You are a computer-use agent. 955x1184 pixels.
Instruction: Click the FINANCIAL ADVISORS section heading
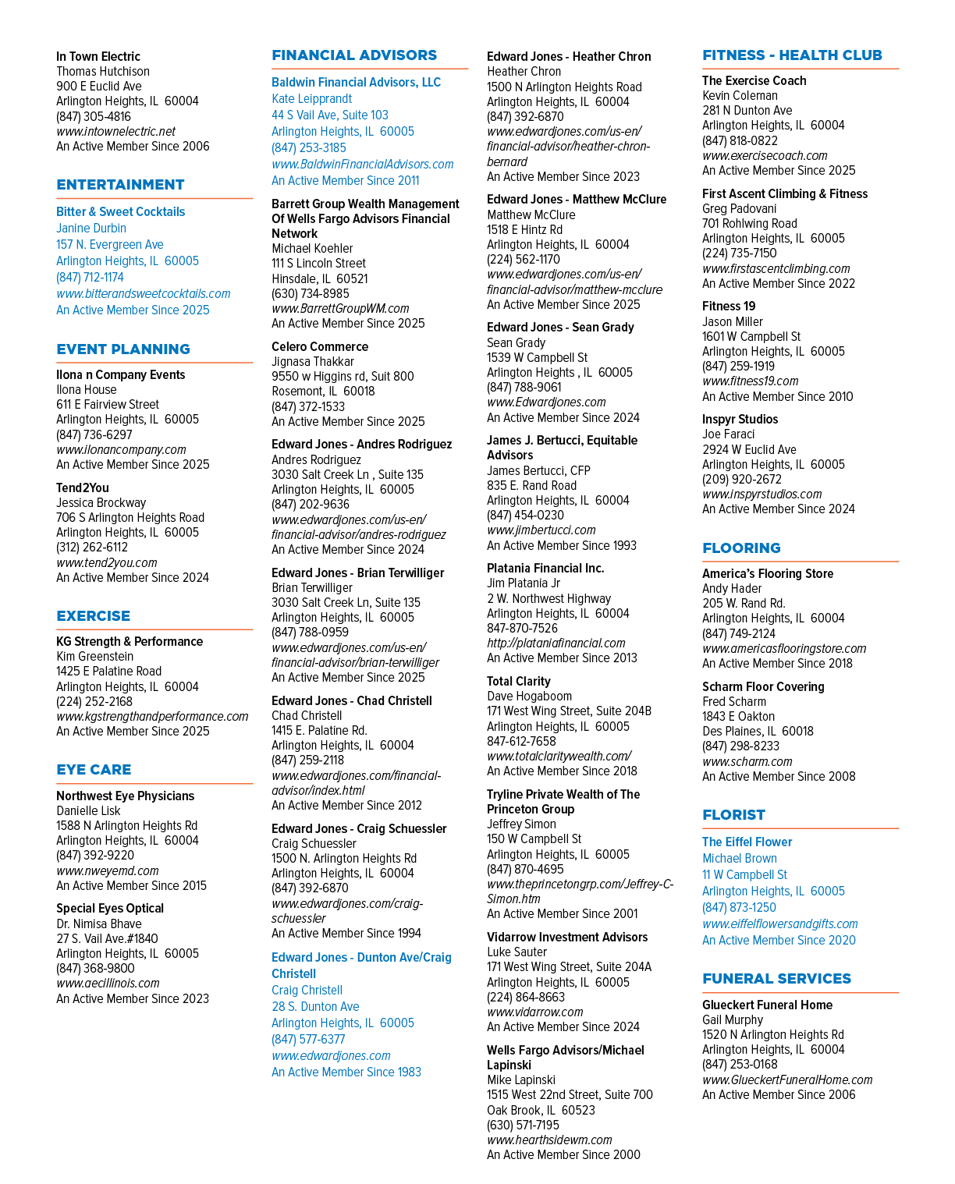click(x=354, y=55)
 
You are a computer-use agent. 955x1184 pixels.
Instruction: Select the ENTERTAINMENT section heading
click(x=120, y=184)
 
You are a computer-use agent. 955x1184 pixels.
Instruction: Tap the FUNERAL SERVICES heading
click(x=776, y=978)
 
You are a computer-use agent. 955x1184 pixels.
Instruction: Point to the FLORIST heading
click(x=733, y=814)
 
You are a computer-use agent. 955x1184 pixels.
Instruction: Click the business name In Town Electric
click(x=98, y=56)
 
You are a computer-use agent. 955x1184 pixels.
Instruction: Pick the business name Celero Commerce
click(x=320, y=346)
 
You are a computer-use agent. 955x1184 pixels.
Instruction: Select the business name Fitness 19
click(x=729, y=306)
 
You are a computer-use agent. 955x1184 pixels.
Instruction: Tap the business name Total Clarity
click(x=519, y=681)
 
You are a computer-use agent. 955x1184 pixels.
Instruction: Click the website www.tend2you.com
click(x=107, y=562)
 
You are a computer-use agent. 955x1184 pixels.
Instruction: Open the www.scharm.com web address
click(x=747, y=761)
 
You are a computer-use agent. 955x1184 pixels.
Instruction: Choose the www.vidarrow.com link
click(x=535, y=1012)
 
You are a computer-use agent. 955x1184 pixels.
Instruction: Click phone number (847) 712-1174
click(x=90, y=278)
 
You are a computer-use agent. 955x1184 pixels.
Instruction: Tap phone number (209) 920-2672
click(x=741, y=479)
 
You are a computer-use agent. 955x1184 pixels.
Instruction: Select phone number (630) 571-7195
click(x=523, y=1126)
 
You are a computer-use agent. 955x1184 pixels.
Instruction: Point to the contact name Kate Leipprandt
click(x=311, y=98)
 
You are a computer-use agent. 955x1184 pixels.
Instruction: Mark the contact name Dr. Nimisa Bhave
click(x=99, y=923)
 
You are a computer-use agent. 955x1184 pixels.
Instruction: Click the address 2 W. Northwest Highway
click(x=549, y=598)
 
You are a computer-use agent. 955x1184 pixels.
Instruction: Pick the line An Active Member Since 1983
click(x=346, y=1072)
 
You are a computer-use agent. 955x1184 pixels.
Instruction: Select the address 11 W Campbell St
click(x=744, y=875)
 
